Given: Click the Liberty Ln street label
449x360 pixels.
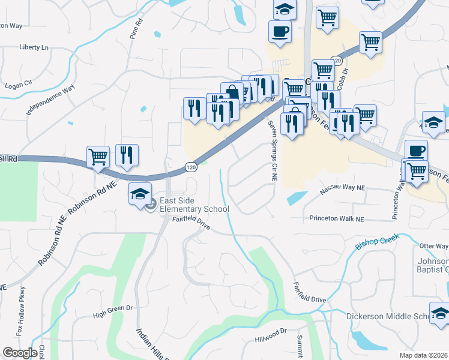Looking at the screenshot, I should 34,47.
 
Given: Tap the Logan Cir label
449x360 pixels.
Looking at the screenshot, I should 18,85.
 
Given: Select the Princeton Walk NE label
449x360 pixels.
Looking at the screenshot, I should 337,218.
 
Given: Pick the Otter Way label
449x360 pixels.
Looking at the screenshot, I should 434,246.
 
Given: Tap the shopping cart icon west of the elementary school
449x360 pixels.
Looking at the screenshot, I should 98,157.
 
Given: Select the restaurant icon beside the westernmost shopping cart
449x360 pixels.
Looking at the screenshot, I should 127,155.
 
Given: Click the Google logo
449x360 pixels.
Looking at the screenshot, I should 20,353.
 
